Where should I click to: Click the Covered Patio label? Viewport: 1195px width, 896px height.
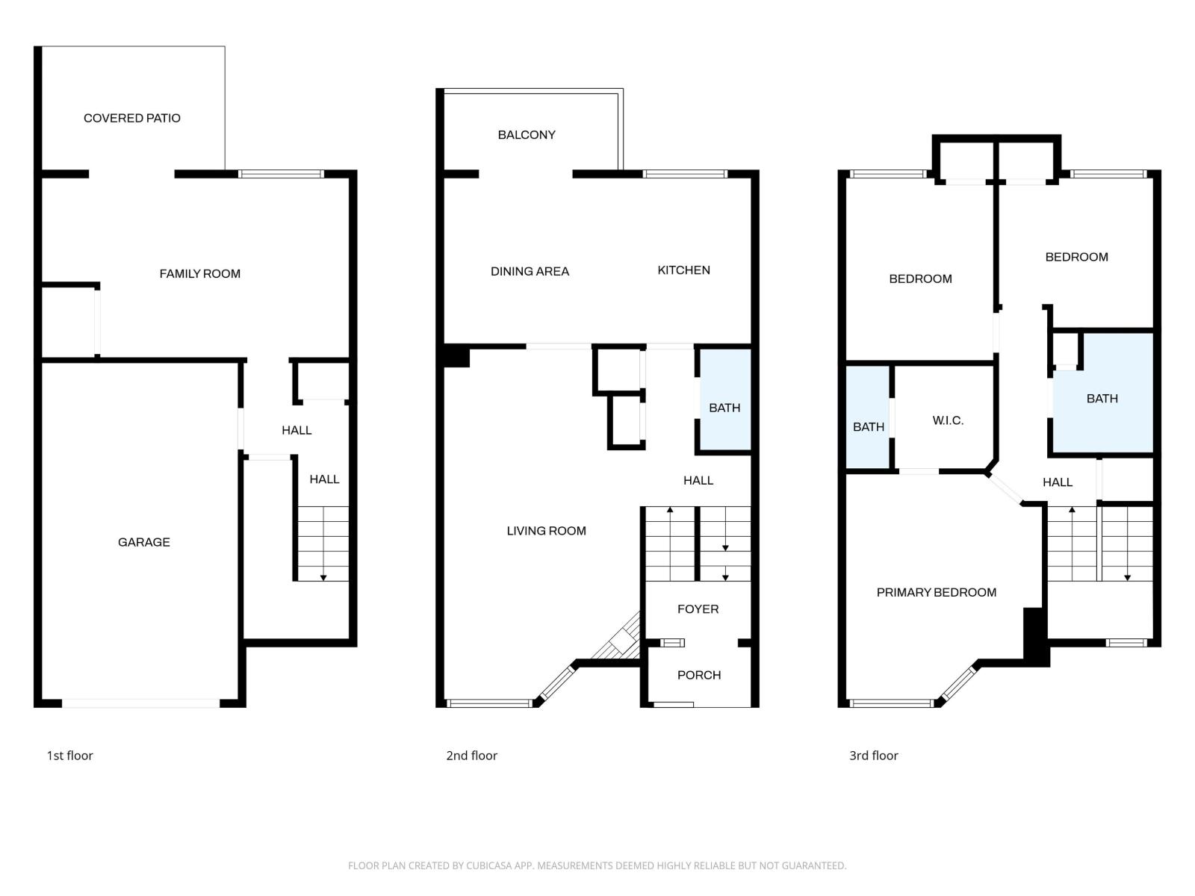click(x=132, y=118)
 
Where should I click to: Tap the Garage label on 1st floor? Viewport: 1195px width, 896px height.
click(x=144, y=542)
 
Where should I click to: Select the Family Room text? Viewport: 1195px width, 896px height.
click(x=200, y=274)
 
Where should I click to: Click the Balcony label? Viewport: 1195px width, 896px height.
click(x=527, y=135)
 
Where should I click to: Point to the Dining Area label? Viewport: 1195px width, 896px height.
click(x=530, y=272)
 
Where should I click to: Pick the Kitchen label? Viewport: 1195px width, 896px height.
click(x=683, y=270)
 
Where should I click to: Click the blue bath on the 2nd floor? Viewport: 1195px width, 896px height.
click(x=724, y=408)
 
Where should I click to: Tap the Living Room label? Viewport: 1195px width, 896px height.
click(x=546, y=531)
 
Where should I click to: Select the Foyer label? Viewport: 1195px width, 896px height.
click(x=698, y=609)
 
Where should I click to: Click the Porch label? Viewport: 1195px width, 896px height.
click(x=699, y=675)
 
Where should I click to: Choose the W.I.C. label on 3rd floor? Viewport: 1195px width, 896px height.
click(x=948, y=421)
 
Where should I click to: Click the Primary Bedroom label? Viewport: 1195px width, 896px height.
click(x=936, y=593)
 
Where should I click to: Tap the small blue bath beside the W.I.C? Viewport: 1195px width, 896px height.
click(x=868, y=427)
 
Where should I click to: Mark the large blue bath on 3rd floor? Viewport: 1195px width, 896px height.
click(x=1102, y=399)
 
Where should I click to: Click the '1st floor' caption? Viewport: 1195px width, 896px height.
click(x=70, y=756)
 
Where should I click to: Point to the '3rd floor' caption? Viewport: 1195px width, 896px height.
click(x=873, y=756)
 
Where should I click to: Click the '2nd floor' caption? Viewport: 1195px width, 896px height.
click(x=471, y=756)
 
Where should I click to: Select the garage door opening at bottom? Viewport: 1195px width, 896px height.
click(x=141, y=703)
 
